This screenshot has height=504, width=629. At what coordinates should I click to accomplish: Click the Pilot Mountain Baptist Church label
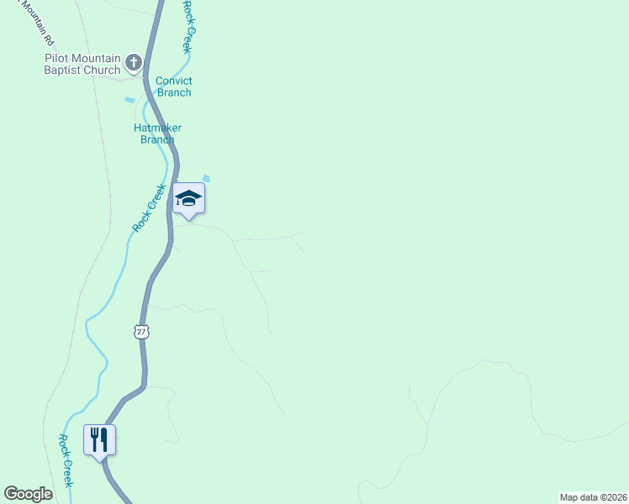(82, 64)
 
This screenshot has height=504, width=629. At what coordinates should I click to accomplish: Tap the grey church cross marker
(134, 62)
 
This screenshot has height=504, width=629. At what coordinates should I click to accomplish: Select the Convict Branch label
(174, 87)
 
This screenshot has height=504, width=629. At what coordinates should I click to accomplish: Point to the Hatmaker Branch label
(157, 134)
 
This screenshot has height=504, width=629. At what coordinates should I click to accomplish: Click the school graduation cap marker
(188, 198)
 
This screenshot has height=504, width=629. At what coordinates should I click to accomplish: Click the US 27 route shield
(141, 331)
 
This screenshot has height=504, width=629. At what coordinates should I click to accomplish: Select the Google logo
(28, 494)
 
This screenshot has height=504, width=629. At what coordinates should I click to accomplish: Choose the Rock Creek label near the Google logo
(66, 459)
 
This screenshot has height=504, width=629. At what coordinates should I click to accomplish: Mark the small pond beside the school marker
(207, 178)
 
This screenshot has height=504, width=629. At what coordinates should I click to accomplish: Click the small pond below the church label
(129, 100)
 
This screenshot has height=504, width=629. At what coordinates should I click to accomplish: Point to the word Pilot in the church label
(58, 58)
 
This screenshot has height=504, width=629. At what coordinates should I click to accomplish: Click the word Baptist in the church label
(64, 70)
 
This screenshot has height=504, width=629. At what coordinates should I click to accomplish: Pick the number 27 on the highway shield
(141, 331)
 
